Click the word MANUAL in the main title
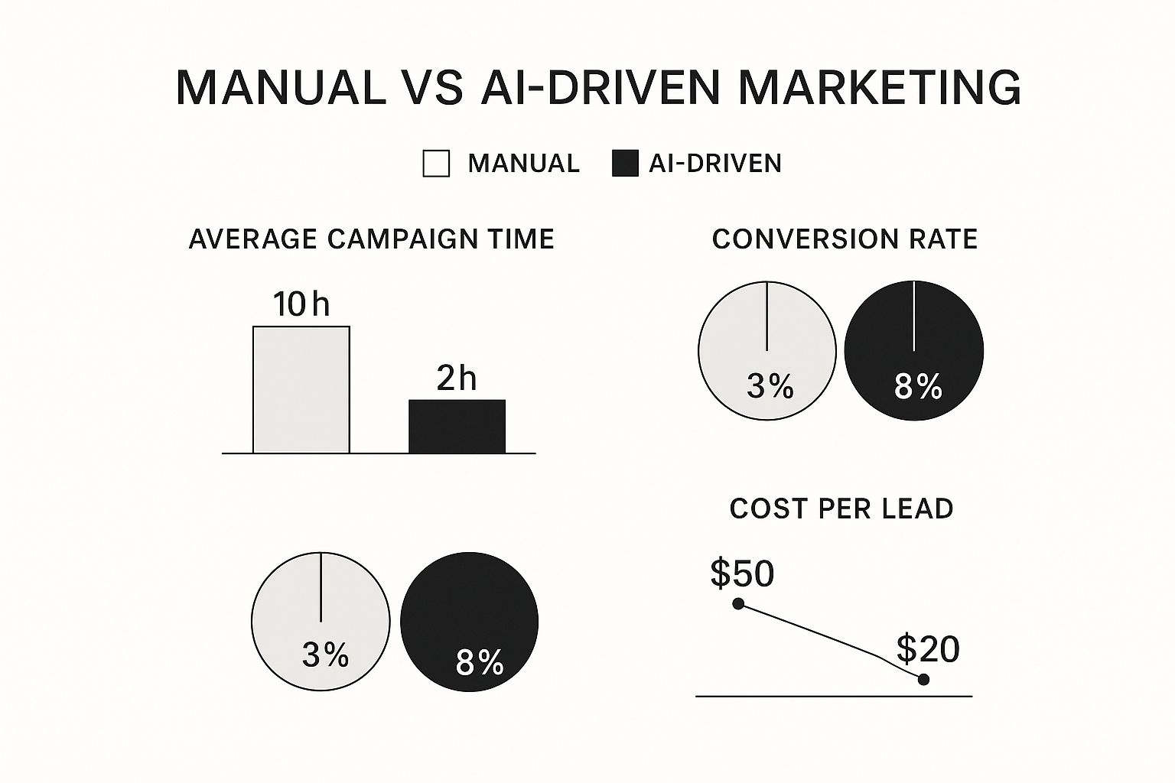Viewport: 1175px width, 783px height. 281,87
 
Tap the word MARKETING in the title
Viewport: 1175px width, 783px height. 879,87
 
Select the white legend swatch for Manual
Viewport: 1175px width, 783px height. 436,164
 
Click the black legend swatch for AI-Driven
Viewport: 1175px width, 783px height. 625,164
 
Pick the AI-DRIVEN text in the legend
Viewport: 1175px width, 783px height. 715,164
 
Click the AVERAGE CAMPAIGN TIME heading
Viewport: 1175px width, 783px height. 371,239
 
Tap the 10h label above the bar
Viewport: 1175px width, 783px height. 301,304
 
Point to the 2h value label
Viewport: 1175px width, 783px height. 457,379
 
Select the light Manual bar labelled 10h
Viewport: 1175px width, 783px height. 301,390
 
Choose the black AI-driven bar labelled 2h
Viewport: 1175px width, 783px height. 457,427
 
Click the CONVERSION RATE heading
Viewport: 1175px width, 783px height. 845,239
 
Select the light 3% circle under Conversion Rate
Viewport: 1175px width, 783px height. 767,350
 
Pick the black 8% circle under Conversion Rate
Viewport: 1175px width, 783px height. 914,350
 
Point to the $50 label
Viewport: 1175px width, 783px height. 742,573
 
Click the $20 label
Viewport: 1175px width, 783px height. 928,649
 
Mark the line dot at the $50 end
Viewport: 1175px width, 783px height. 738,604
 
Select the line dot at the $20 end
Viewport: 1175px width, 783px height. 923,679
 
